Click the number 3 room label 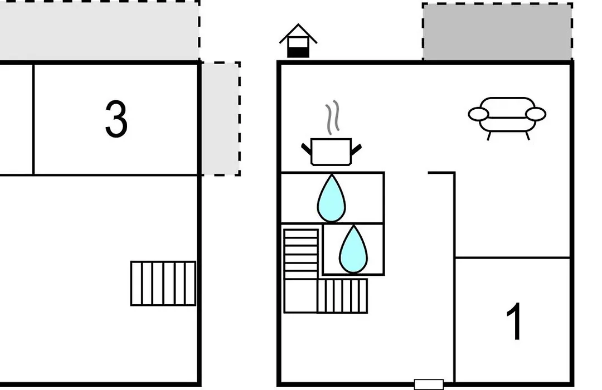116,119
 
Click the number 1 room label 514,321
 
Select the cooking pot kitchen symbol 331,152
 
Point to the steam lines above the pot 332,117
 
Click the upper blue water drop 331,198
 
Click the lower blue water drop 353,249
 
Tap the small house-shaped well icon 298,41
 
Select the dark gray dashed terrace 498,32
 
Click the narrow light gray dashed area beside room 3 221,119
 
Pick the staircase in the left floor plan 163,283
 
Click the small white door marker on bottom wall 429,384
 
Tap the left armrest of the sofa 478,114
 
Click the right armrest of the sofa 536,114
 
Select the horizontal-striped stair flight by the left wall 301,254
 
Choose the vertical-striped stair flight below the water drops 342,296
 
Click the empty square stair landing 300,296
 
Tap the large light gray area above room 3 99,30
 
